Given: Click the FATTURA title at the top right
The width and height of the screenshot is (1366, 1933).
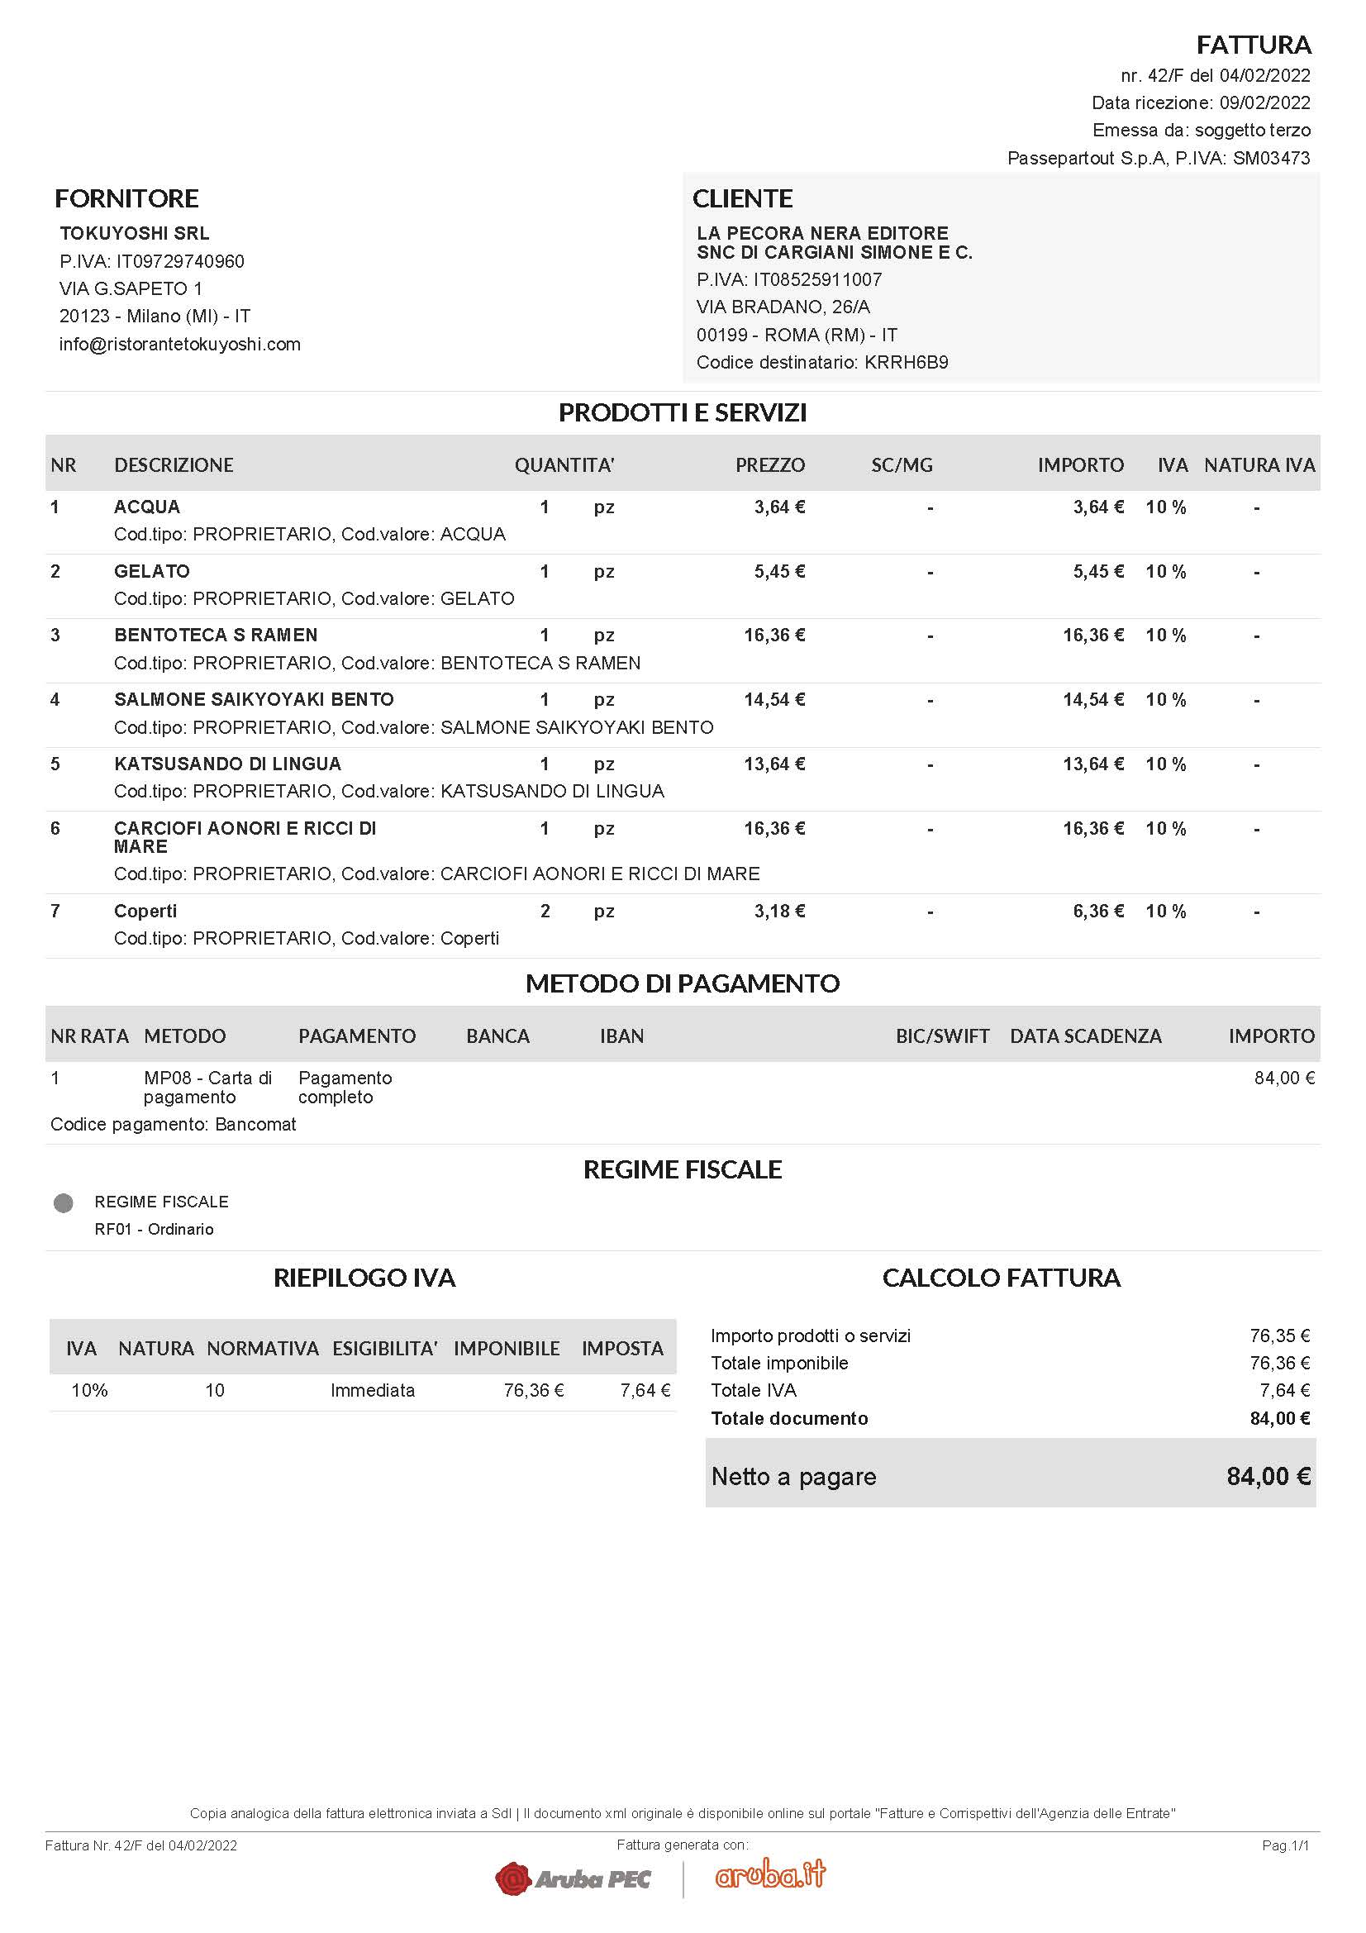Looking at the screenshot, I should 1254,45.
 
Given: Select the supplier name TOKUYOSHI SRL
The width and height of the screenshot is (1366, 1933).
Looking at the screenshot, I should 135,233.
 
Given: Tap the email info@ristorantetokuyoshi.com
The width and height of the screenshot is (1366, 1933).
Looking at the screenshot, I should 179,345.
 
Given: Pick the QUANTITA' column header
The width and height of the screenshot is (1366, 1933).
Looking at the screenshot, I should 564,464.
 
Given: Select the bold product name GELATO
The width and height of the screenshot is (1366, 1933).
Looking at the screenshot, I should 151,571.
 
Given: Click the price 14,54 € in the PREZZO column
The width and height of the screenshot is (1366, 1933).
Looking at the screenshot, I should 773,700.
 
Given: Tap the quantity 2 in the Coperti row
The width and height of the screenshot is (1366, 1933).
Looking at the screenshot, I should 545,911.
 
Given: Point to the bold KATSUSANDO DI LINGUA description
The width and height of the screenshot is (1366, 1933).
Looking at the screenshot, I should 227,764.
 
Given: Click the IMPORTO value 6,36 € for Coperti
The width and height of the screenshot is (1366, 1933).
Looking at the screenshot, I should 1097,911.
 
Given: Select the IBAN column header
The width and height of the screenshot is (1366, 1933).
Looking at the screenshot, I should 621,1036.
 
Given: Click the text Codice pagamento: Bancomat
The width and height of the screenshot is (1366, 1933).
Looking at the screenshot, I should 174,1124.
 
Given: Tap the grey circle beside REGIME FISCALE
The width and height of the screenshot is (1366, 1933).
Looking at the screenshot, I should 63,1203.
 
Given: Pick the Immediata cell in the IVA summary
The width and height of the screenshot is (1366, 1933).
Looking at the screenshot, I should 372,1390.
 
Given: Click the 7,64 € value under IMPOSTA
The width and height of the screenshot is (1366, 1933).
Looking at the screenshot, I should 645,1390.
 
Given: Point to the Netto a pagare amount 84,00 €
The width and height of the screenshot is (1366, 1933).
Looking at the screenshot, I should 1268,1476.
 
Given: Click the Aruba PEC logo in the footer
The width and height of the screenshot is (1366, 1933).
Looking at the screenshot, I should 573,1878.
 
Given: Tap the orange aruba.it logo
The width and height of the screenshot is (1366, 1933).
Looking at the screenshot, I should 770,1874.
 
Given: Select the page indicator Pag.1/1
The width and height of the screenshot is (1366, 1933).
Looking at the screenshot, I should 1285,1845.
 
